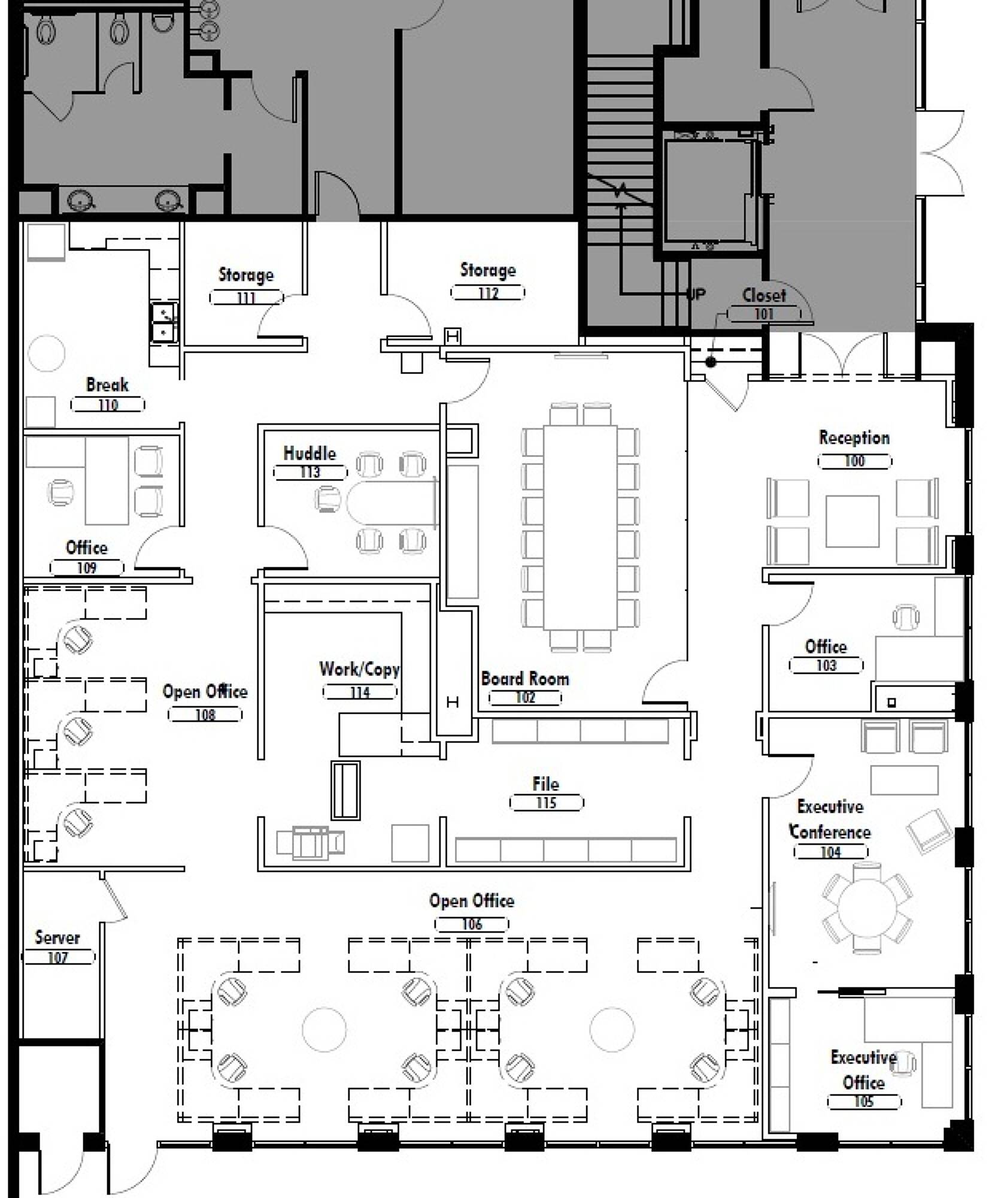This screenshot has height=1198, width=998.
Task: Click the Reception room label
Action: click(x=854, y=438)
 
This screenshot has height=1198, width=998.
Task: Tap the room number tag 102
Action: click(x=525, y=698)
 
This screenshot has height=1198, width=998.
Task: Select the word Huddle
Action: click(x=310, y=453)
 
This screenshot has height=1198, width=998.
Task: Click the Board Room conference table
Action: click(x=580, y=528)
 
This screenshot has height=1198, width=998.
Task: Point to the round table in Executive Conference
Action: click(x=867, y=907)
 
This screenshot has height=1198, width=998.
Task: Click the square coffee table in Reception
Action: click(x=853, y=521)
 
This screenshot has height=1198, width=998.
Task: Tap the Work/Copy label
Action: click(x=359, y=669)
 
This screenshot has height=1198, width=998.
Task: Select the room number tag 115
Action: click(x=546, y=803)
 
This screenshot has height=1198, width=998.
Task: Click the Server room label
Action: click(x=57, y=937)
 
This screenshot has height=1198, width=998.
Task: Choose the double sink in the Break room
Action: click(x=163, y=322)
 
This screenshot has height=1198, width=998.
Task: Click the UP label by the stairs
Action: click(x=696, y=294)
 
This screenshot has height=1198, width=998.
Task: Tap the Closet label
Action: click(x=764, y=295)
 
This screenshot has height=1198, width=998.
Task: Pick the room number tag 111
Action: click(x=246, y=298)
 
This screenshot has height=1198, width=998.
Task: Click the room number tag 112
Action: click(x=487, y=293)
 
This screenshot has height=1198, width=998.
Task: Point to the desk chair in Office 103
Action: click(x=906, y=616)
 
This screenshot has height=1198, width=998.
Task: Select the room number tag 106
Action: click(x=472, y=924)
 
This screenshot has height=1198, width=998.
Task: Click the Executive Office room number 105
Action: click(x=864, y=1102)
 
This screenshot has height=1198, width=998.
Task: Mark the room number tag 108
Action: click(x=205, y=715)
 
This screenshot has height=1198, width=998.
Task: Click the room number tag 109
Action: click(x=87, y=567)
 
